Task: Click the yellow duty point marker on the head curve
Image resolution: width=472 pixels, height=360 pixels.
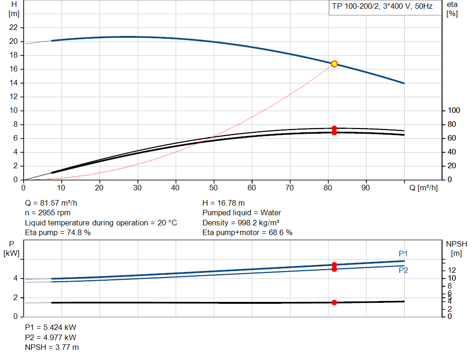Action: [334, 64]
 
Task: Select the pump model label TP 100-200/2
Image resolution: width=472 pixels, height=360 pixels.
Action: [354, 7]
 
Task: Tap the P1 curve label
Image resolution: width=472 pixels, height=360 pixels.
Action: [403, 254]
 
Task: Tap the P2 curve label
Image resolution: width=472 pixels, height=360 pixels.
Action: [403, 270]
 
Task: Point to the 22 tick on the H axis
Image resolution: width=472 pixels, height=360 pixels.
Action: [14, 28]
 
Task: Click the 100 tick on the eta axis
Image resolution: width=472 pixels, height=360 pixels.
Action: [454, 111]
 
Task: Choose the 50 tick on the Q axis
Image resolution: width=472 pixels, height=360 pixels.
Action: [213, 188]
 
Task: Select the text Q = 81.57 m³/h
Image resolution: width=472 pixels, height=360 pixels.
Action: [54, 203]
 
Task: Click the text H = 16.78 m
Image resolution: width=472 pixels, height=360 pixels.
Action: [224, 203]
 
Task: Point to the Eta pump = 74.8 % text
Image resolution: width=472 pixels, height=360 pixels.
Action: [58, 233]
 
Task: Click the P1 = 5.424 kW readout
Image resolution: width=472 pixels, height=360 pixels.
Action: [50, 327]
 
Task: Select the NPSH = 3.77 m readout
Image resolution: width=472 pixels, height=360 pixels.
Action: [52, 347]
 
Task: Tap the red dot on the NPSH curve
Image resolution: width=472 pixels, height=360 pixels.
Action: [334, 302]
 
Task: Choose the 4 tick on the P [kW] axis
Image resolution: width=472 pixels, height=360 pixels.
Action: [15, 278]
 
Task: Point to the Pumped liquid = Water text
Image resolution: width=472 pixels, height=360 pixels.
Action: [242, 213]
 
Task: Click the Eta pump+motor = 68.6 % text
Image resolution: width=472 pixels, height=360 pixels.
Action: [248, 233]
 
